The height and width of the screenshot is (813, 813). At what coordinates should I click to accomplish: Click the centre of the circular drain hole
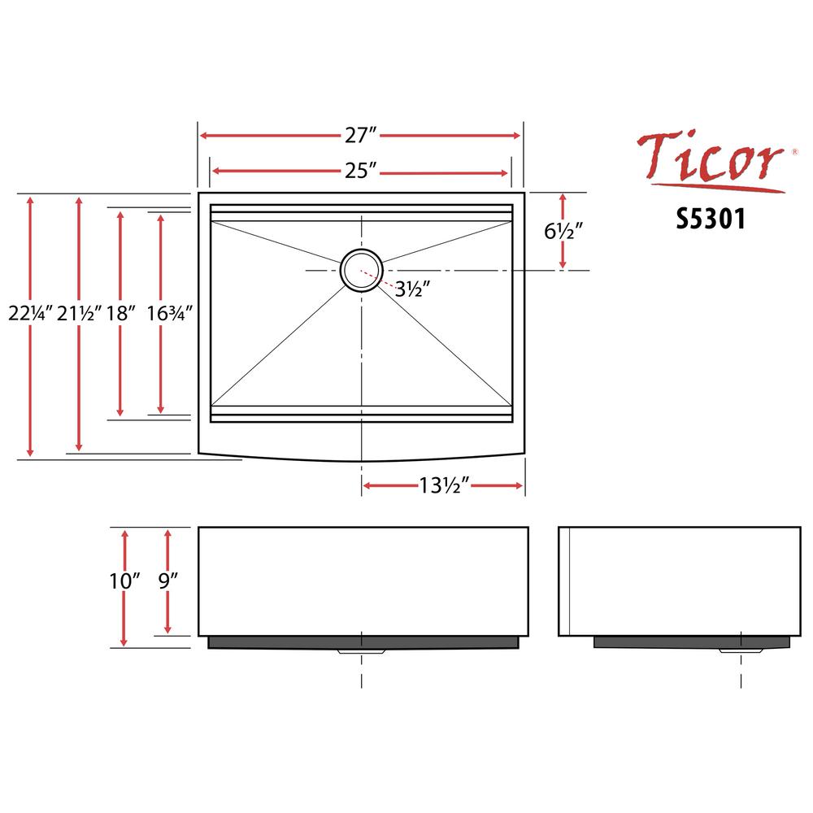(362, 270)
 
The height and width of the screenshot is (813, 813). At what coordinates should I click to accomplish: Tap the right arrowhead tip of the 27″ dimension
(520, 136)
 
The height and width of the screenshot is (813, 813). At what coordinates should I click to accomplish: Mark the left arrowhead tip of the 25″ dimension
(212, 172)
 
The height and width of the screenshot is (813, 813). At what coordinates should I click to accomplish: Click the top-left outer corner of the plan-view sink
(198, 193)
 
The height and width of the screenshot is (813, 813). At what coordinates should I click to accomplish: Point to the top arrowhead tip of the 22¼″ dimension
(30, 197)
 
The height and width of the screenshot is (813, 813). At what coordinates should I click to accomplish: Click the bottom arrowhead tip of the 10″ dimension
(124, 646)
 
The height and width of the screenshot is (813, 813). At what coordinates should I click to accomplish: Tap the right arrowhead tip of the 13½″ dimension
(523, 486)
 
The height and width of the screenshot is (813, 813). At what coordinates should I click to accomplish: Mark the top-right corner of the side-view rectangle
(801, 528)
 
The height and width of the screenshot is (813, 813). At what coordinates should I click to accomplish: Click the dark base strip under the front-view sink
(363, 642)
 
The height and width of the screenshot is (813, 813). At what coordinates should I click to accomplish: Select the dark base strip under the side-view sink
(692, 642)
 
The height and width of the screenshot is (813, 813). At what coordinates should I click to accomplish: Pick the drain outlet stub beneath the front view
(362, 650)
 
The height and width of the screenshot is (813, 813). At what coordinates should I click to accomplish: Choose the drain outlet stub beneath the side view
(741, 650)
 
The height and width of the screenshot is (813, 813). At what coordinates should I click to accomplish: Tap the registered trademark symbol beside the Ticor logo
(795, 152)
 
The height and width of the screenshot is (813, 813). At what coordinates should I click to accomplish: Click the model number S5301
(711, 218)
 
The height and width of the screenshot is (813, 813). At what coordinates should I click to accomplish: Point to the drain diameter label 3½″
(413, 289)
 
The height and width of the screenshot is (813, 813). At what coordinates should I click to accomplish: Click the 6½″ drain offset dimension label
(563, 231)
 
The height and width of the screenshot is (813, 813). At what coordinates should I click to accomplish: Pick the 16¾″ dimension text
(170, 313)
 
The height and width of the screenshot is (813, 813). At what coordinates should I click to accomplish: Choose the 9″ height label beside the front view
(168, 580)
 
